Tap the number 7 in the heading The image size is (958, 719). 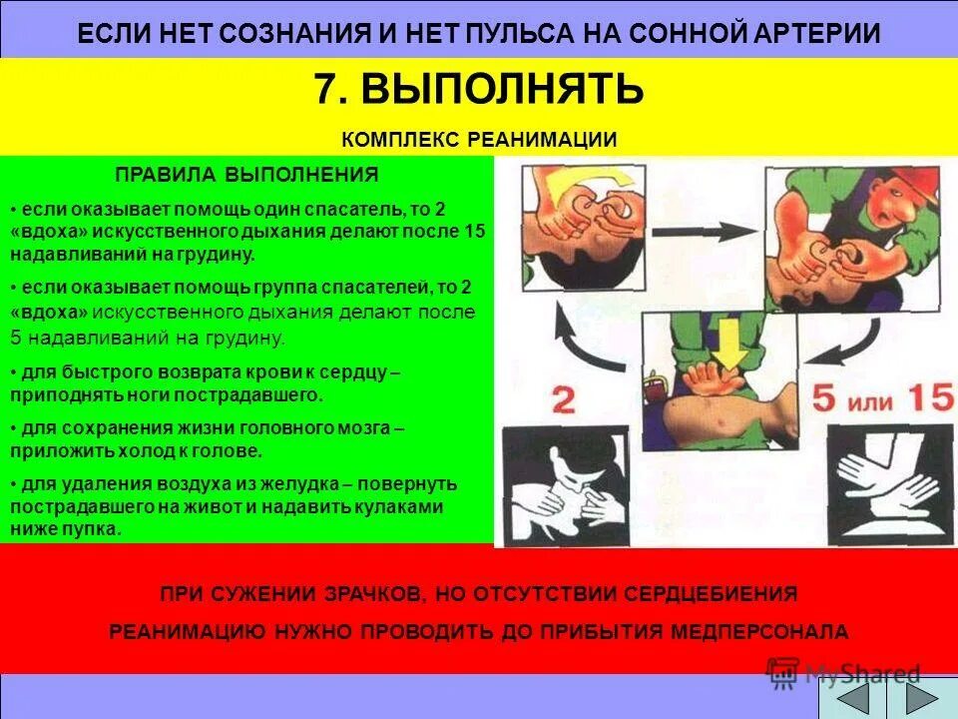point(327,90)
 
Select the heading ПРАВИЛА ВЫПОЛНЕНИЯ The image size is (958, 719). point(246,175)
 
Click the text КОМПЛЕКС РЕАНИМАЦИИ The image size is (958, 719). point(479,140)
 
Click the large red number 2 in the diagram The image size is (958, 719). point(564,402)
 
